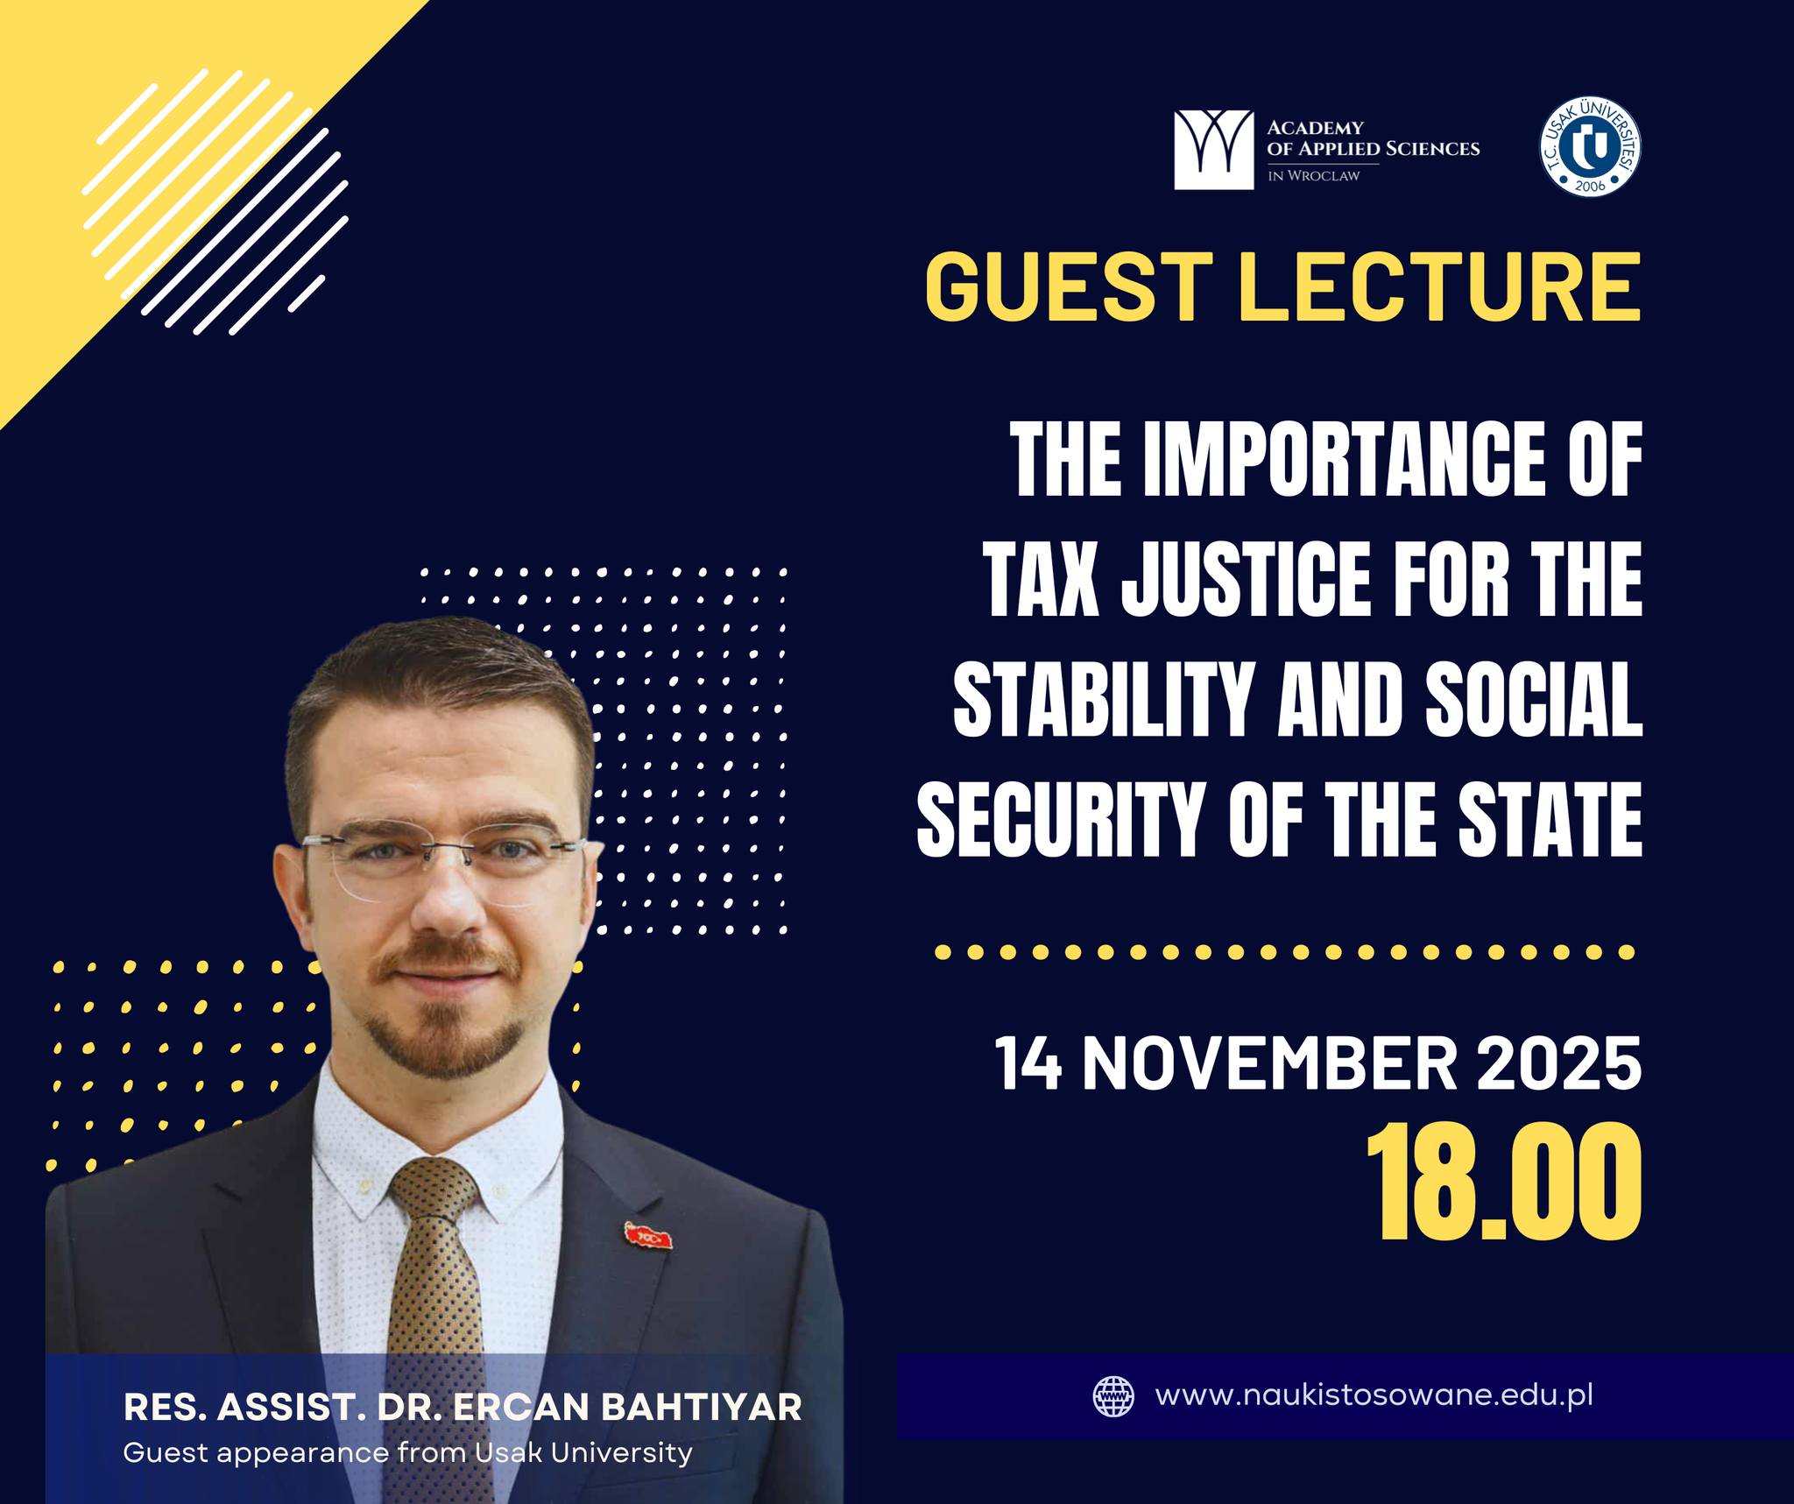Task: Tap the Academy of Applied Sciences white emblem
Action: (1213, 150)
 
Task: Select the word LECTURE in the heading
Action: (1438, 286)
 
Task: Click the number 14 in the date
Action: (1029, 1063)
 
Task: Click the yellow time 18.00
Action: (1504, 1183)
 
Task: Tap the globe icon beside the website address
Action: (1113, 1396)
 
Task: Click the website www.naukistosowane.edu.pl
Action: (1374, 1395)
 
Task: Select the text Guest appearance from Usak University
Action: (408, 1453)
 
